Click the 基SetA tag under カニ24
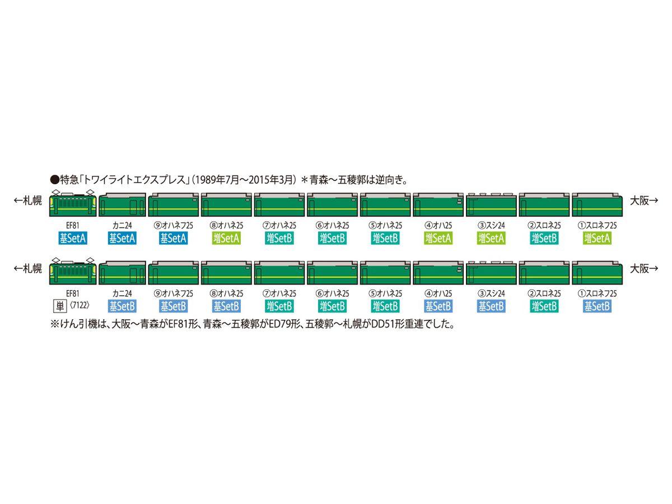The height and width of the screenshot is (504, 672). pyautogui.click(x=122, y=238)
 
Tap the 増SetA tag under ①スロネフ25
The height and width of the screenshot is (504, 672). pyautogui.click(x=597, y=238)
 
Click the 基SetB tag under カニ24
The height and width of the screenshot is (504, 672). pyautogui.click(x=122, y=306)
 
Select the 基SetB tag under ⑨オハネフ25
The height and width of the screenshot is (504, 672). pyautogui.click(x=174, y=306)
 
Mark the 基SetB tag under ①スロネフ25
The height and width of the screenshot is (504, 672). pyautogui.click(x=597, y=306)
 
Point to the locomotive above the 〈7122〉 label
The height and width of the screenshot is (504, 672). pyautogui.click(x=74, y=271)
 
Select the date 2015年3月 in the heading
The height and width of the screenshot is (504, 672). pyautogui.click(x=273, y=181)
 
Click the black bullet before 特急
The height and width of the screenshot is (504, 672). pyautogui.click(x=54, y=181)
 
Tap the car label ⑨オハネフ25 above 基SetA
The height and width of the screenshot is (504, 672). pyautogui.click(x=174, y=225)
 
